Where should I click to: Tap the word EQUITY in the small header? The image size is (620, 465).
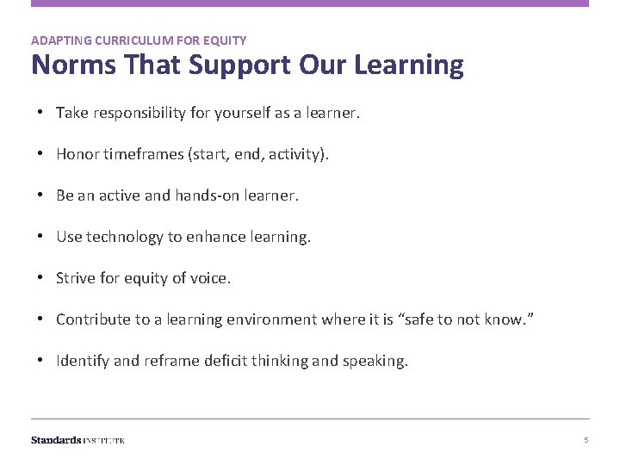click(x=226, y=40)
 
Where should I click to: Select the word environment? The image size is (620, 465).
click(x=270, y=319)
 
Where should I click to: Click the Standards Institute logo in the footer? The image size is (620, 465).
click(x=77, y=440)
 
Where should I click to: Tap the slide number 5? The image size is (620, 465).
click(x=586, y=440)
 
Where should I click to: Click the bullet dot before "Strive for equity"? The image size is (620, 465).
click(x=41, y=278)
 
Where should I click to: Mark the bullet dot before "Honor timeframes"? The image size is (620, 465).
click(x=41, y=154)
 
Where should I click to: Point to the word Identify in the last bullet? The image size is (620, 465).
click(x=83, y=361)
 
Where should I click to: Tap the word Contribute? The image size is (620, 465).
click(x=93, y=319)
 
